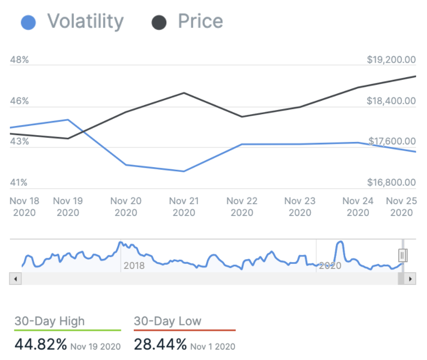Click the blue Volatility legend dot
[28, 22]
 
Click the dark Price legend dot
[159, 22]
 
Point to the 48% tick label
[20, 60]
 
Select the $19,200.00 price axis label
[391, 60]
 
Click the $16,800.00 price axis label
[391, 183]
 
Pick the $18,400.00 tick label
[391, 101]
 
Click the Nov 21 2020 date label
[184, 206]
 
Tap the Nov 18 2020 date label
[24, 206]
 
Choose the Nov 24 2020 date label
[358, 206]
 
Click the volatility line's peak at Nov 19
[68, 120]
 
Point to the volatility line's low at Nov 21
[184, 171]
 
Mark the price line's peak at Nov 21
[184, 93]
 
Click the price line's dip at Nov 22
[242, 117]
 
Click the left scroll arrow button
[15, 279]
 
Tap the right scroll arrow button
[411, 279]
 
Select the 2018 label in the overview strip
[134, 266]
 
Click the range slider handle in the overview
[403, 255]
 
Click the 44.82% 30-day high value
[41, 345]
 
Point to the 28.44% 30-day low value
[160, 345]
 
